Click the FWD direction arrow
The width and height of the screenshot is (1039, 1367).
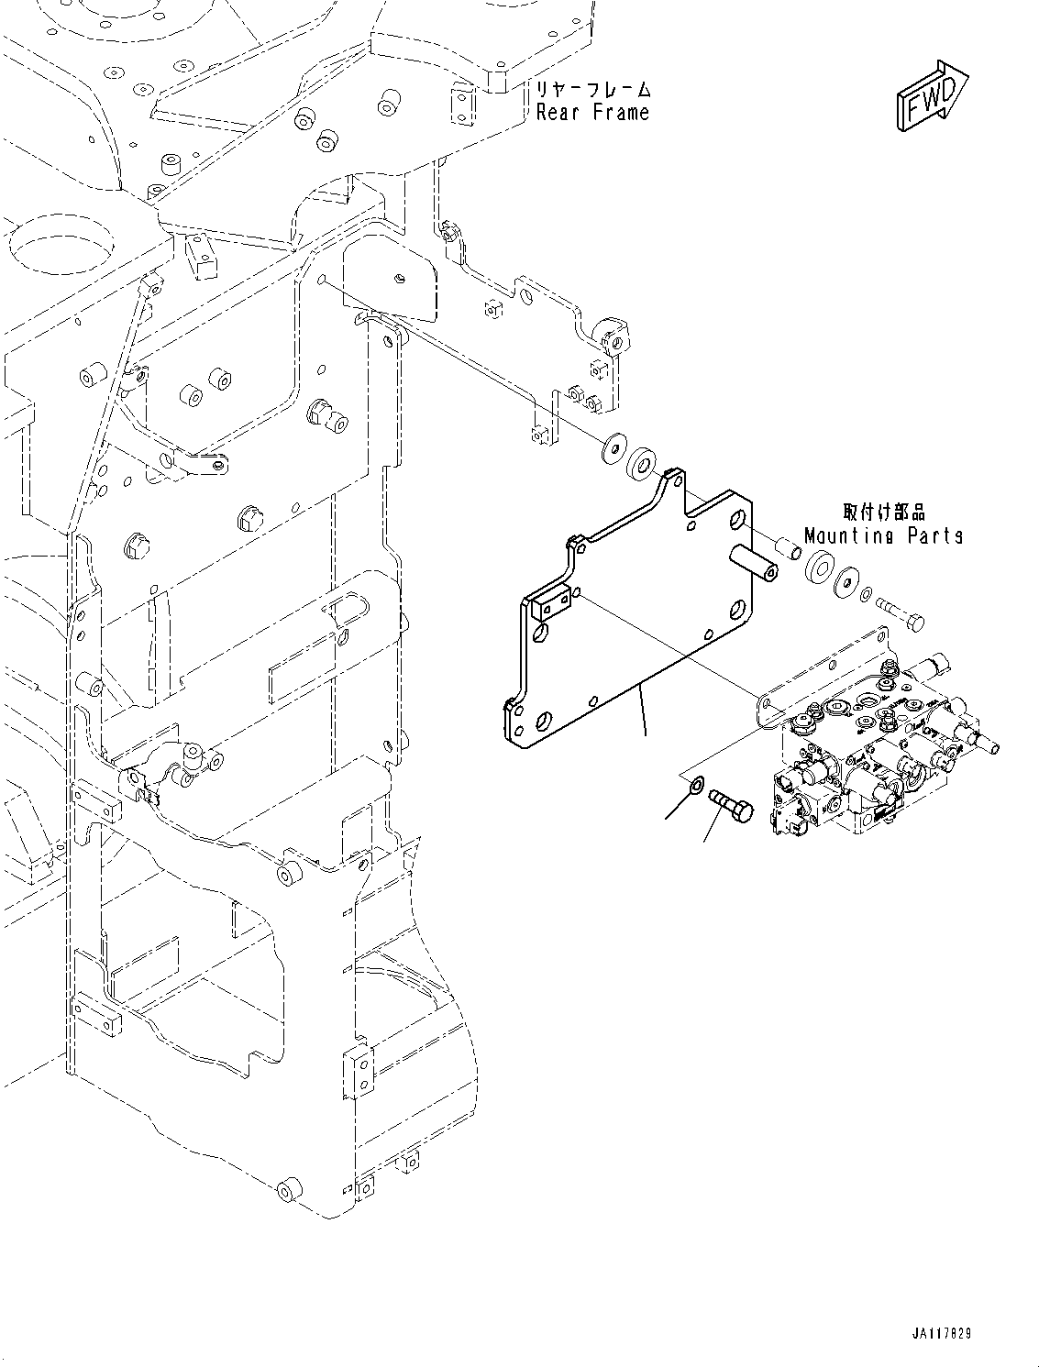click(927, 96)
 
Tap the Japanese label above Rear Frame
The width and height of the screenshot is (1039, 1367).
click(592, 90)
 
